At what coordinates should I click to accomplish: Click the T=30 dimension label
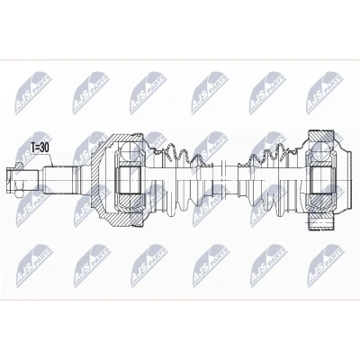40,147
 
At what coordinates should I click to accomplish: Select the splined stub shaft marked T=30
61,181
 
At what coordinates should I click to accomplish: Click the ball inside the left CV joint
130,149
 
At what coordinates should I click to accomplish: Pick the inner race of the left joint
130,181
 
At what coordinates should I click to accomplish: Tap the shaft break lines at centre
222,180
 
